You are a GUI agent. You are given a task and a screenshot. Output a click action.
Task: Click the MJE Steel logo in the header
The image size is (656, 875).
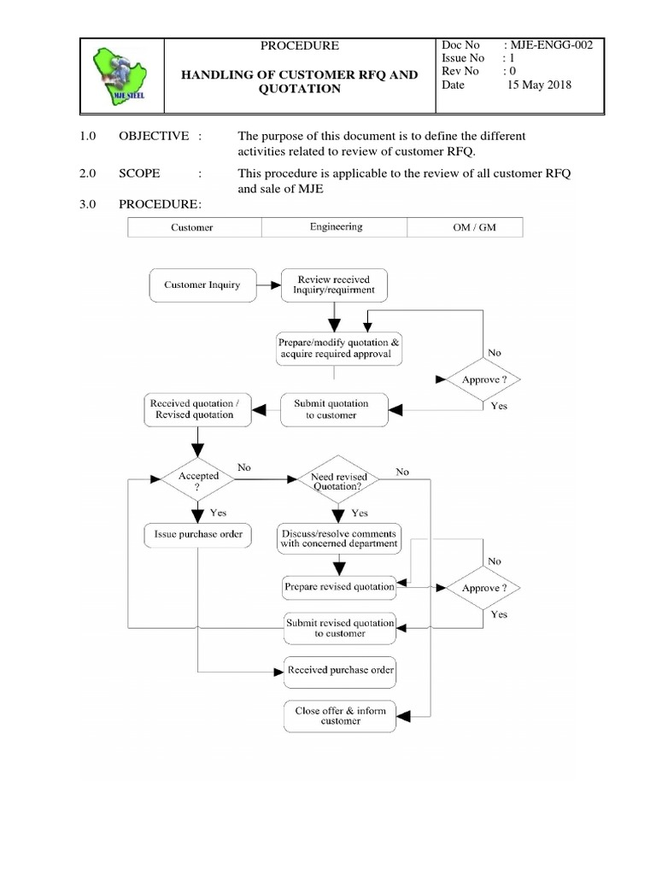pos(120,76)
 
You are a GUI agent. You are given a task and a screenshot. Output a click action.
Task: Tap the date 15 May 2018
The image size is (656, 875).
pos(539,85)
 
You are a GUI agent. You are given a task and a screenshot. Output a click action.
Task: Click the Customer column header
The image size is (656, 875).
pos(192,227)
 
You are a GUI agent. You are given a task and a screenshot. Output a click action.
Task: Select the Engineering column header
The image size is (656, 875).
pos(336,227)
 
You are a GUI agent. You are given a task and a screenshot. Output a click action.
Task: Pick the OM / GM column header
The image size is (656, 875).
pos(466,227)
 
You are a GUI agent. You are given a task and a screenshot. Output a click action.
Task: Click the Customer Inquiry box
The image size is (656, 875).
pos(202,285)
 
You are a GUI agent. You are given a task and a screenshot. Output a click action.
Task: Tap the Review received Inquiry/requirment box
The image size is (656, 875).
pos(333,285)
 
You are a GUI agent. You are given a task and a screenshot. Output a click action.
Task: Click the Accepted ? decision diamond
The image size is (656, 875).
pos(197,480)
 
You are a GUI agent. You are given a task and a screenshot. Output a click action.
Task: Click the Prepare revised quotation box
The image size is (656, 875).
pos(339,587)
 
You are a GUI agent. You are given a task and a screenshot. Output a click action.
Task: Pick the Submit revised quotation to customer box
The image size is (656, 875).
pos(340,628)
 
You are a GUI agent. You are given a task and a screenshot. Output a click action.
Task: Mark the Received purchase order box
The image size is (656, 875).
pos(340,670)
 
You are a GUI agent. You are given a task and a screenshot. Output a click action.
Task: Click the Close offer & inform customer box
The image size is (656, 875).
pos(340,715)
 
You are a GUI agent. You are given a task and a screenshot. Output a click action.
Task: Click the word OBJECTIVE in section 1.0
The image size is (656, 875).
pos(153,136)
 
